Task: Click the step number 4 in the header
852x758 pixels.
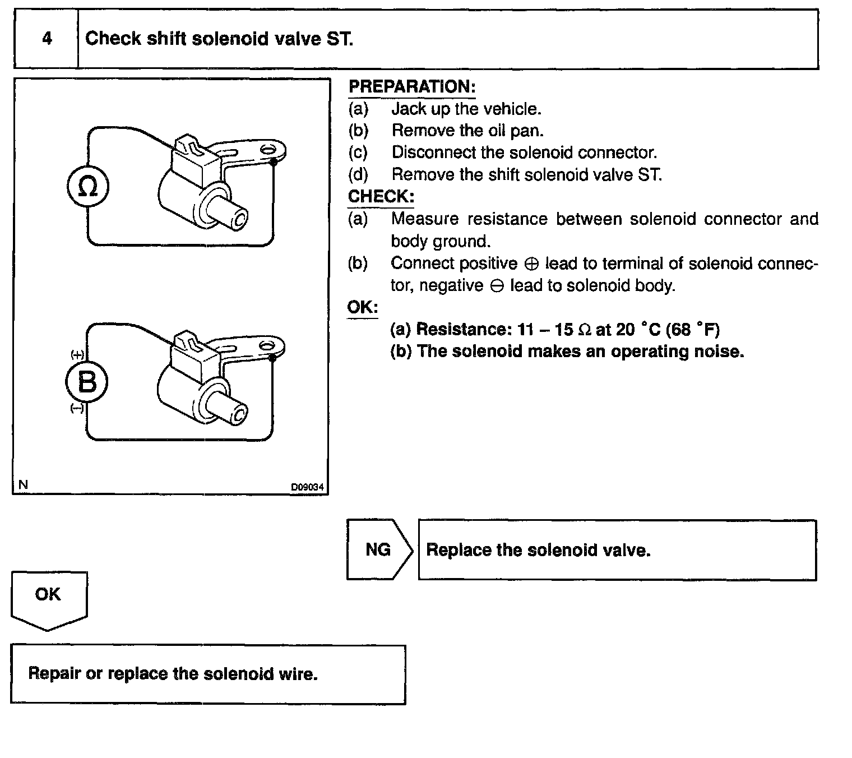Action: (x=47, y=39)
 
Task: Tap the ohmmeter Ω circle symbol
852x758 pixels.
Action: (x=87, y=187)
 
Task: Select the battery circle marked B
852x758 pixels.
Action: (x=87, y=382)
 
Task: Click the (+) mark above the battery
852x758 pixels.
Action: (x=77, y=354)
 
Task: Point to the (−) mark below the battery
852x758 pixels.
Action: (x=77, y=409)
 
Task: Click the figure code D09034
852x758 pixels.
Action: (x=307, y=487)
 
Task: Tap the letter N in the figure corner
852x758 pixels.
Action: (x=23, y=485)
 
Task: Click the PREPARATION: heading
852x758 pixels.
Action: (x=412, y=87)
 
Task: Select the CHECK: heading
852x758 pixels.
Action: (x=381, y=197)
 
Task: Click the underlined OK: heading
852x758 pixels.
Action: (x=363, y=308)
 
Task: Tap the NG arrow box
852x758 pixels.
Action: (x=378, y=549)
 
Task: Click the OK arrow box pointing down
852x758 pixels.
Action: (x=48, y=597)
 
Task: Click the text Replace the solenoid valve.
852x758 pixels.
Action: (x=538, y=550)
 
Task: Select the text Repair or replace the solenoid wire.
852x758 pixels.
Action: (x=173, y=673)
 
